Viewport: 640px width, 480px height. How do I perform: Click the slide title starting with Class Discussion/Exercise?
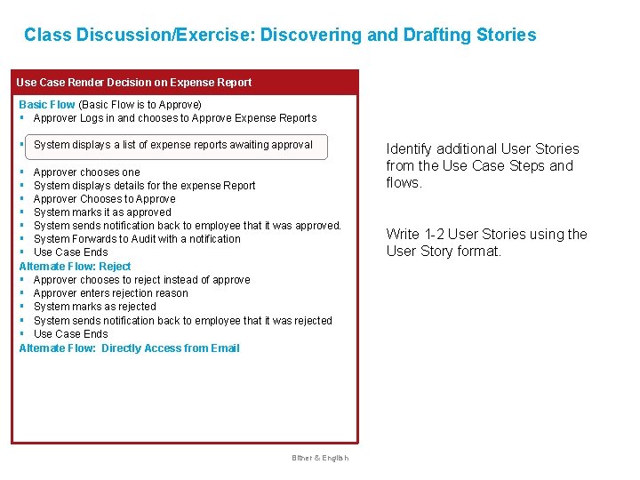tap(280, 36)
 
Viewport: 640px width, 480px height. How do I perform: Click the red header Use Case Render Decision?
tap(134, 83)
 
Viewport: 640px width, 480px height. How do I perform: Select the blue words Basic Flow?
tap(47, 105)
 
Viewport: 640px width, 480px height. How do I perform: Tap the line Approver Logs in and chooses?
tap(174, 118)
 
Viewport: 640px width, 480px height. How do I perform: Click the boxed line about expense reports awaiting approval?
tap(173, 145)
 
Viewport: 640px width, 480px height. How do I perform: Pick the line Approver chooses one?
tap(86, 172)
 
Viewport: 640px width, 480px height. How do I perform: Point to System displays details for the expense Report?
tap(144, 186)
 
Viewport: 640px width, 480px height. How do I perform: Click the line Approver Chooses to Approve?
tap(104, 199)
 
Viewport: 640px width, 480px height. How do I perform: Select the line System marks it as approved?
tap(102, 212)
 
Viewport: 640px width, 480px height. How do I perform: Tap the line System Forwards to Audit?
tap(137, 239)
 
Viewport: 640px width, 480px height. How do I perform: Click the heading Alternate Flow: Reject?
tap(75, 267)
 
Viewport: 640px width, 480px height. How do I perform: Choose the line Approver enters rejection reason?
tap(110, 293)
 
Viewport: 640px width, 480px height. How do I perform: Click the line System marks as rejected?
tap(94, 307)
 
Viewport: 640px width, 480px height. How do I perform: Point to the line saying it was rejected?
tap(182, 321)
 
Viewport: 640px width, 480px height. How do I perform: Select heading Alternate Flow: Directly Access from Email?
tap(129, 348)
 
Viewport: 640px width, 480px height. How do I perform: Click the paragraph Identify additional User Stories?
tap(482, 165)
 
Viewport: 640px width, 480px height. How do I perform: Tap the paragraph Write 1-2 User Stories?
tap(486, 243)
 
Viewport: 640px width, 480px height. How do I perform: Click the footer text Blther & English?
tap(320, 458)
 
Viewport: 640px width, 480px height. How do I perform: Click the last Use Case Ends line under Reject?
tap(70, 334)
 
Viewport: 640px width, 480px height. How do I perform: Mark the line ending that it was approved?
tap(187, 226)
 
